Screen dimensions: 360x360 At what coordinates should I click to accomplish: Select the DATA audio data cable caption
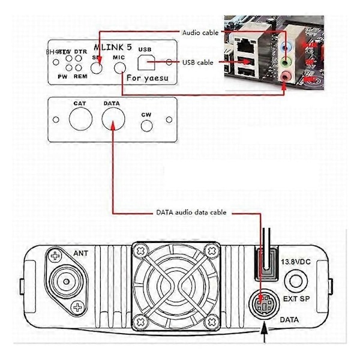point(193,212)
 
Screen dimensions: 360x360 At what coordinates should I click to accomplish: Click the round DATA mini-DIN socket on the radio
point(265,303)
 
